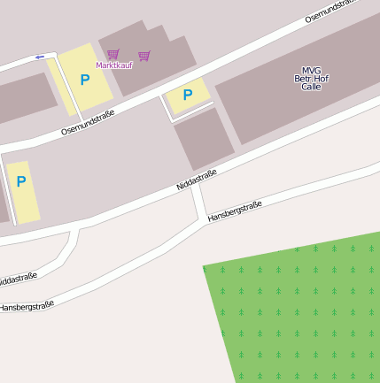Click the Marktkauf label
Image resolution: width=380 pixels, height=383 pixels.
tap(113, 65)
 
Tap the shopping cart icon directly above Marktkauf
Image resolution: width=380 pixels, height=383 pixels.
tap(113, 54)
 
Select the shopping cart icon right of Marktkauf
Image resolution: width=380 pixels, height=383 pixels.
tap(144, 56)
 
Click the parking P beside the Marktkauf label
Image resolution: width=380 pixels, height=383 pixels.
tap(85, 80)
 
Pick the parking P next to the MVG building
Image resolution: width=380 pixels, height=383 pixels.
tap(188, 95)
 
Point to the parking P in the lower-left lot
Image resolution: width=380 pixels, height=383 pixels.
tap(21, 181)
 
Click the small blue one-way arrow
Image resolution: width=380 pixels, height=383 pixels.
tap(39, 57)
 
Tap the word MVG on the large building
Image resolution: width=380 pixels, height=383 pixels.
tap(311, 71)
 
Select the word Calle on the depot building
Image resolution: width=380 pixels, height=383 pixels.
tap(311, 87)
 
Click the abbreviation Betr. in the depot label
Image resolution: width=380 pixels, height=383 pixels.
tap(303, 79)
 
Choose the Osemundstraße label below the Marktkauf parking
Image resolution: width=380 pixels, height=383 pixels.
tap(88, 122)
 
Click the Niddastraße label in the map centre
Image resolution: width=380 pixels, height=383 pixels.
tap(196, 179)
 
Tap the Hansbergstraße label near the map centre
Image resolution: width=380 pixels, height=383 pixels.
tap(235, 211)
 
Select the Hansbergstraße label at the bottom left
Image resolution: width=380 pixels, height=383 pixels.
tap(27, 306)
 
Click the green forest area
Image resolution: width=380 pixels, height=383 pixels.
tap(301, 310)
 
